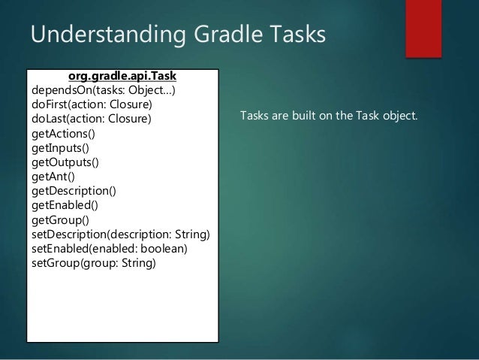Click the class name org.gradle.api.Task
tap(122, 77)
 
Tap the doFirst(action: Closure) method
tap(91, 105)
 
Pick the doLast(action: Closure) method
tap(91, 119)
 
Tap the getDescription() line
tap(74, 191)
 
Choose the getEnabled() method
tap(65, 205)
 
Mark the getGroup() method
tap(59, 219)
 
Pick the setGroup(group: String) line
tap(93, 263)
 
